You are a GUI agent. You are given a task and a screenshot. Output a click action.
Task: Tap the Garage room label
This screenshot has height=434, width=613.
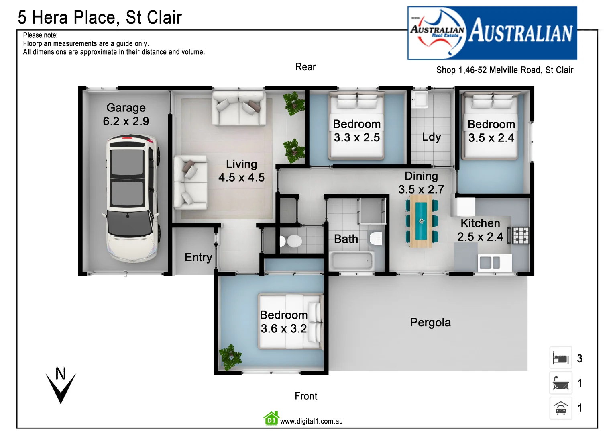click(x=126, y=108)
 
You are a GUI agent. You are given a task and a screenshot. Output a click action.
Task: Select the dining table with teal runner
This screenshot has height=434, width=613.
click(x=421, y=221)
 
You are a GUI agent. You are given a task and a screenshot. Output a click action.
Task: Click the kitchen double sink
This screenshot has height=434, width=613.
click(x=490, y=263)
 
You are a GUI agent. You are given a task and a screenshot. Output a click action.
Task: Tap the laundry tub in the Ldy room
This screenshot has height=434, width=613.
click(x=420, y=99)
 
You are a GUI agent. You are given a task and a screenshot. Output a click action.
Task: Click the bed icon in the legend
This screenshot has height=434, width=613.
click(x=560, y=358)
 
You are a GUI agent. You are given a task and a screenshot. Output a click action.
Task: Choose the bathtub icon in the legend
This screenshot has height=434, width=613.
click(x=560, y=383)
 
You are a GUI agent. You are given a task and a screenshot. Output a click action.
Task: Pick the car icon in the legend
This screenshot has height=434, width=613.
click(x=560, y=408)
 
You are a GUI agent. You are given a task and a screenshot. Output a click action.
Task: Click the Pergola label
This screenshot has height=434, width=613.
click(x=430, y=323)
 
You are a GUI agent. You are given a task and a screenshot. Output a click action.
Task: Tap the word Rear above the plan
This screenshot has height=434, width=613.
click(x=305, y=67)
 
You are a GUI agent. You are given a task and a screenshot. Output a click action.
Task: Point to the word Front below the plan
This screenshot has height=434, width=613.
click(x=306, y=396)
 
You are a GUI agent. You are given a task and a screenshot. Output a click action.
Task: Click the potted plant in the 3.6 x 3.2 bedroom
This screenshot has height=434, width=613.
click(x=230, y=356)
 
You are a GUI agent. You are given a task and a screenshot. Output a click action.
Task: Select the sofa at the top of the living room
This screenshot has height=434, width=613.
click(x=239, y=108)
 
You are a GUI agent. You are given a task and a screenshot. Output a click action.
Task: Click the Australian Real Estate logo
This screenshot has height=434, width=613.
click(x=492, y=33)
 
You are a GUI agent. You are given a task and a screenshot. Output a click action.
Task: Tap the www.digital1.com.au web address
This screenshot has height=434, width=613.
click(x=311, y=421)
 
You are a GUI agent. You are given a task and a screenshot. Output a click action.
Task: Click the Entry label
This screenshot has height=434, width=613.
click(x=198, y=257)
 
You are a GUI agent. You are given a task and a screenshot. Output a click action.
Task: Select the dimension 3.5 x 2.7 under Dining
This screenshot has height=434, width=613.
click(x=421, y=189)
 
